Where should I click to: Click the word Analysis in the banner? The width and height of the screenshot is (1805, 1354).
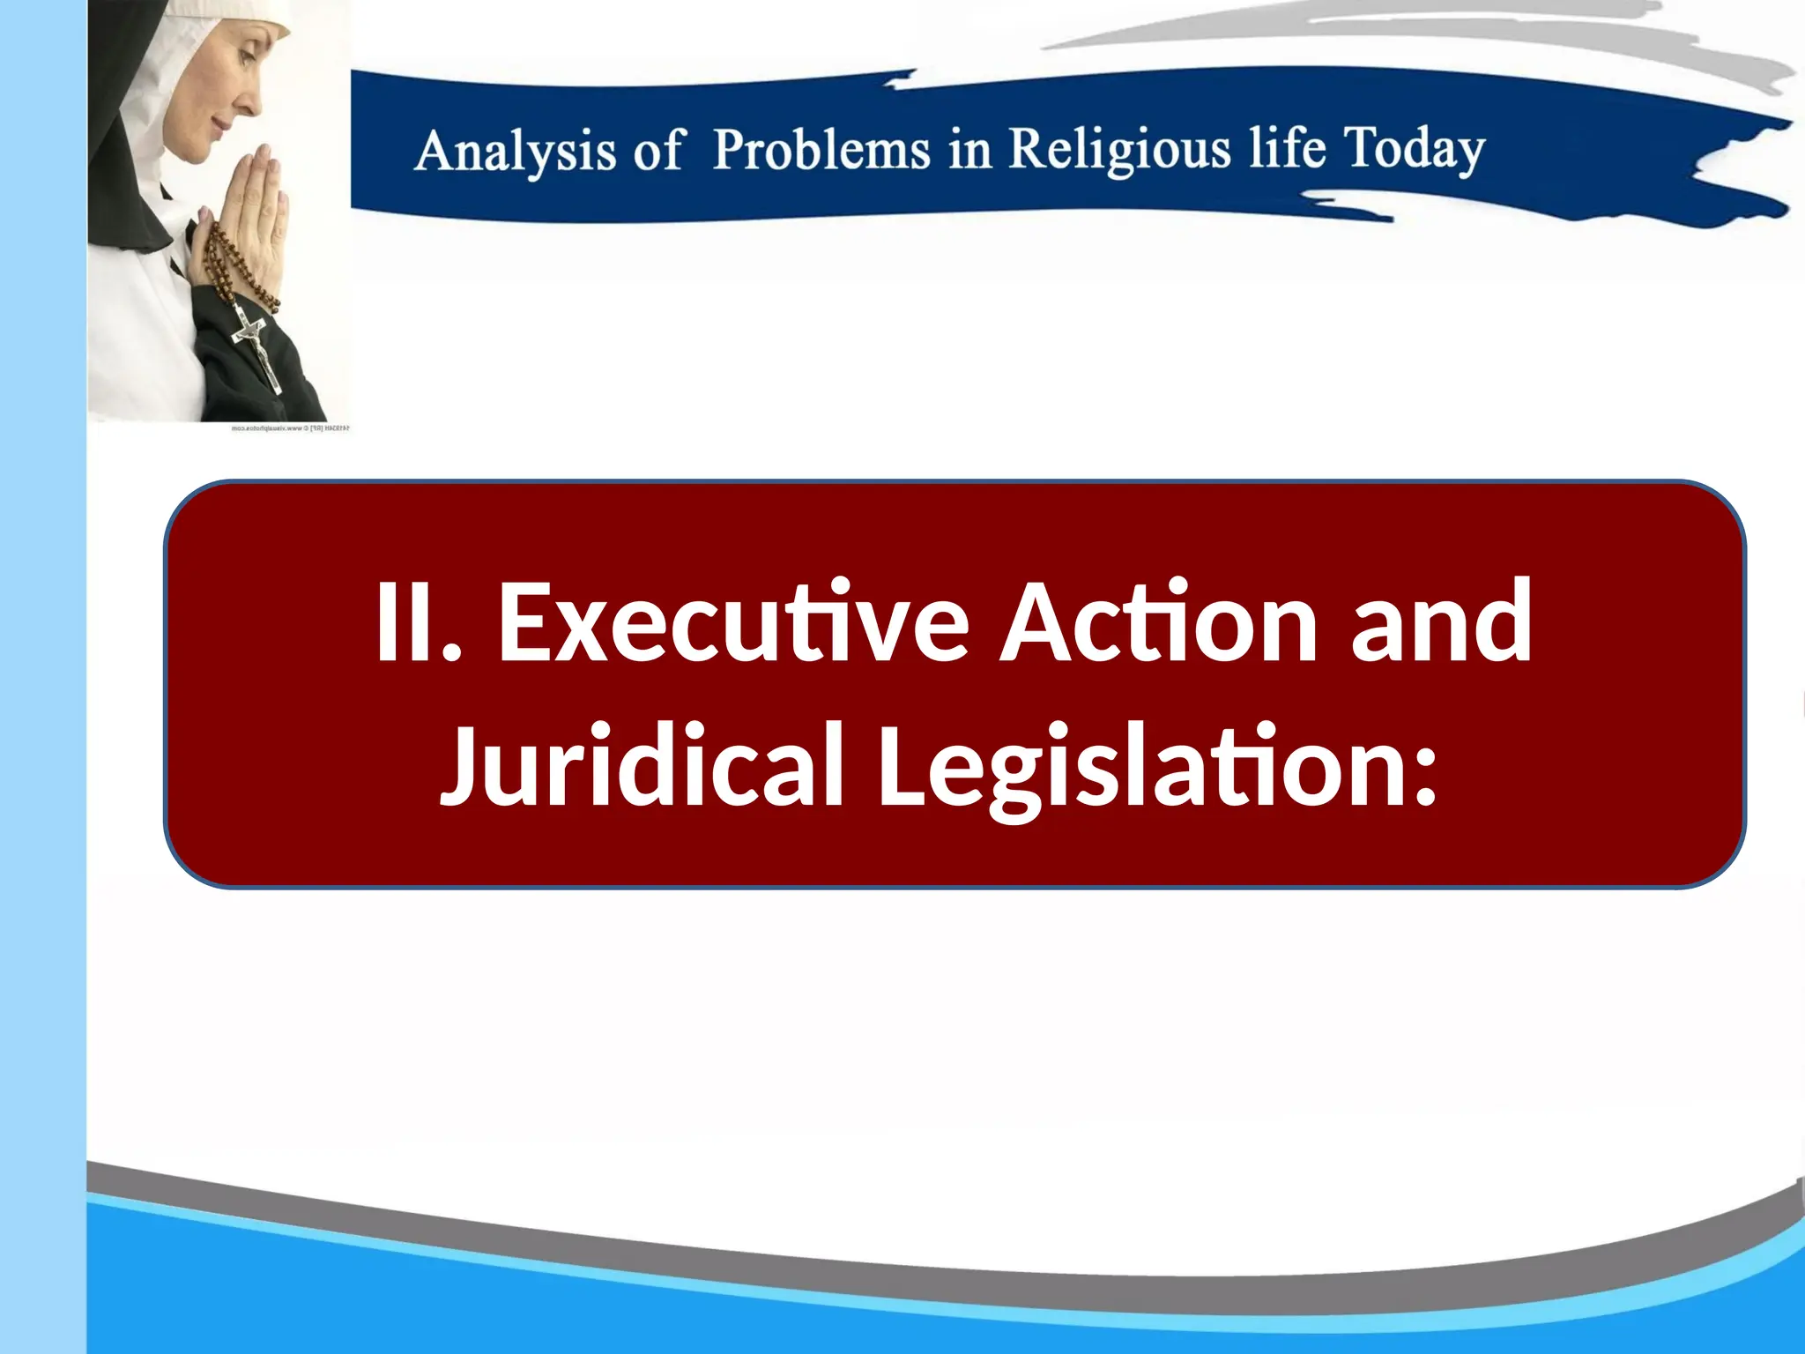point(515,152)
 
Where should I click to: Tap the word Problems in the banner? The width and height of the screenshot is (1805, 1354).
point(821,150)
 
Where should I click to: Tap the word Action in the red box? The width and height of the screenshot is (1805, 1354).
point(1158,622)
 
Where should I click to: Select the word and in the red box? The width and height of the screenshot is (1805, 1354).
point(1442,622)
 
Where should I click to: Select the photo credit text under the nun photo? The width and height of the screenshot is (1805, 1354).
point(290,428)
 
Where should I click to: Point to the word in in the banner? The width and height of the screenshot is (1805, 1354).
point(969,150)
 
